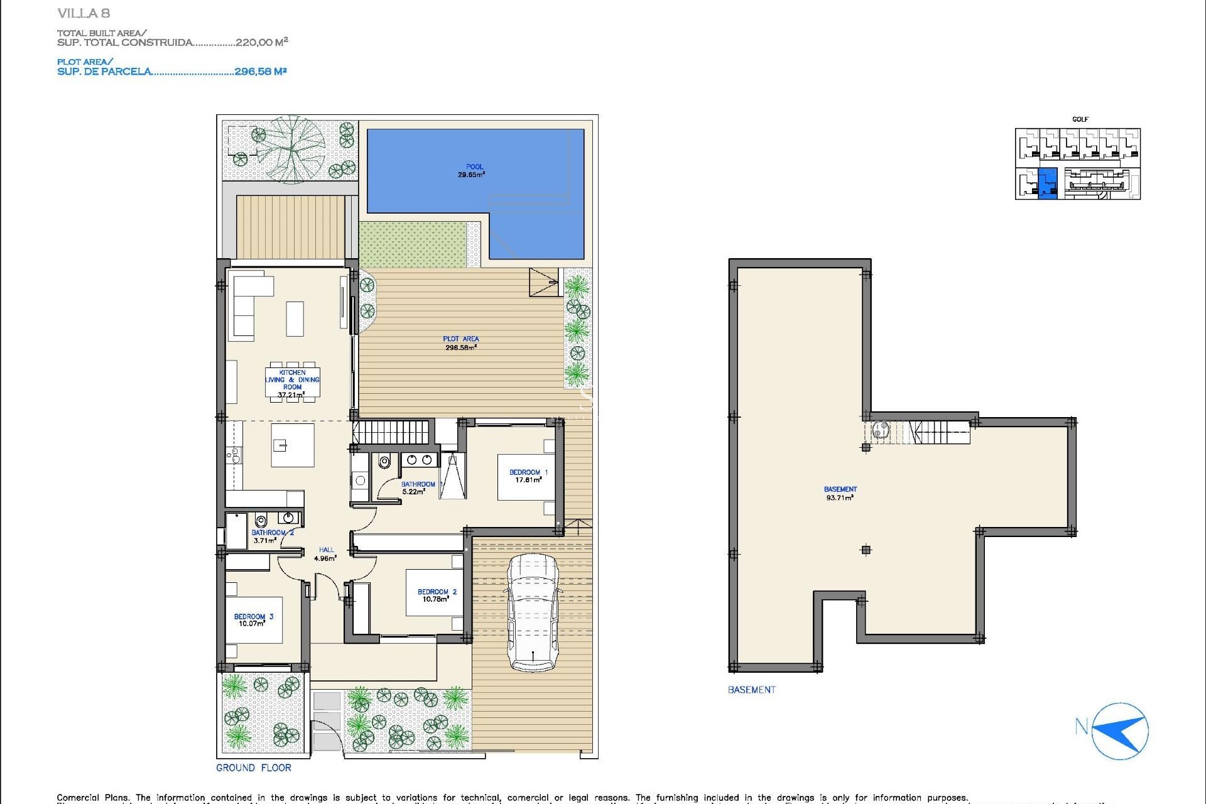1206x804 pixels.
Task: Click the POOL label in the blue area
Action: tap(474, 167)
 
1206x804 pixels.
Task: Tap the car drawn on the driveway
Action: tap(533, 612)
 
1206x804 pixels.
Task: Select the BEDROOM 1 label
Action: tap(528, 472)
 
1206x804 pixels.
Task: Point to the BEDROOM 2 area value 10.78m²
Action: tap(435, 599)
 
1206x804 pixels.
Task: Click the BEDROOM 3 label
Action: tap(253, 617)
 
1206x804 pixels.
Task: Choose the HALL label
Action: tap(326, 550)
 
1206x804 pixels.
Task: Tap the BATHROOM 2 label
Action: tap(273, 533)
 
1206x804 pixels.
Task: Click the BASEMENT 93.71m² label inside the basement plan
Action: tap(840, 493)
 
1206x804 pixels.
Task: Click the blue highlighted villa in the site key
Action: tap(1047, 183)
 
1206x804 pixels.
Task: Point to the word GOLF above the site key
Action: tap(1080, 119)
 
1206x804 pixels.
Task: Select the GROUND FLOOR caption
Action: tap(253, 768)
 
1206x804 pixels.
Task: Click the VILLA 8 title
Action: tap(84, 13)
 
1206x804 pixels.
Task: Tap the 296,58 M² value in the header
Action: tap(260, 72)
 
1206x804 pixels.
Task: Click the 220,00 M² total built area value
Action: tap(261, 42)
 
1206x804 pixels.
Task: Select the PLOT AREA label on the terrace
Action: tap(460, 339)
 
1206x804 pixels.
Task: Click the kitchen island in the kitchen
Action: tap(292, 445)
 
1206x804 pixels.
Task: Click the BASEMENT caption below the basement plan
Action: tap(751, 690)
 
